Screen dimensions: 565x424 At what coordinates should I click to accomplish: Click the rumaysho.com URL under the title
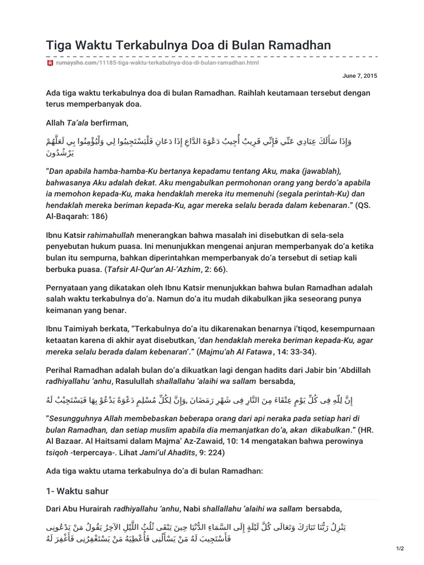[x=156, y=63]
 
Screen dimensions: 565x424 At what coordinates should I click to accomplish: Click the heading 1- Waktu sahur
[x=78, y=491]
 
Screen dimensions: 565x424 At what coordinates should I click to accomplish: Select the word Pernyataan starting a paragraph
[x=69, y=288]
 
